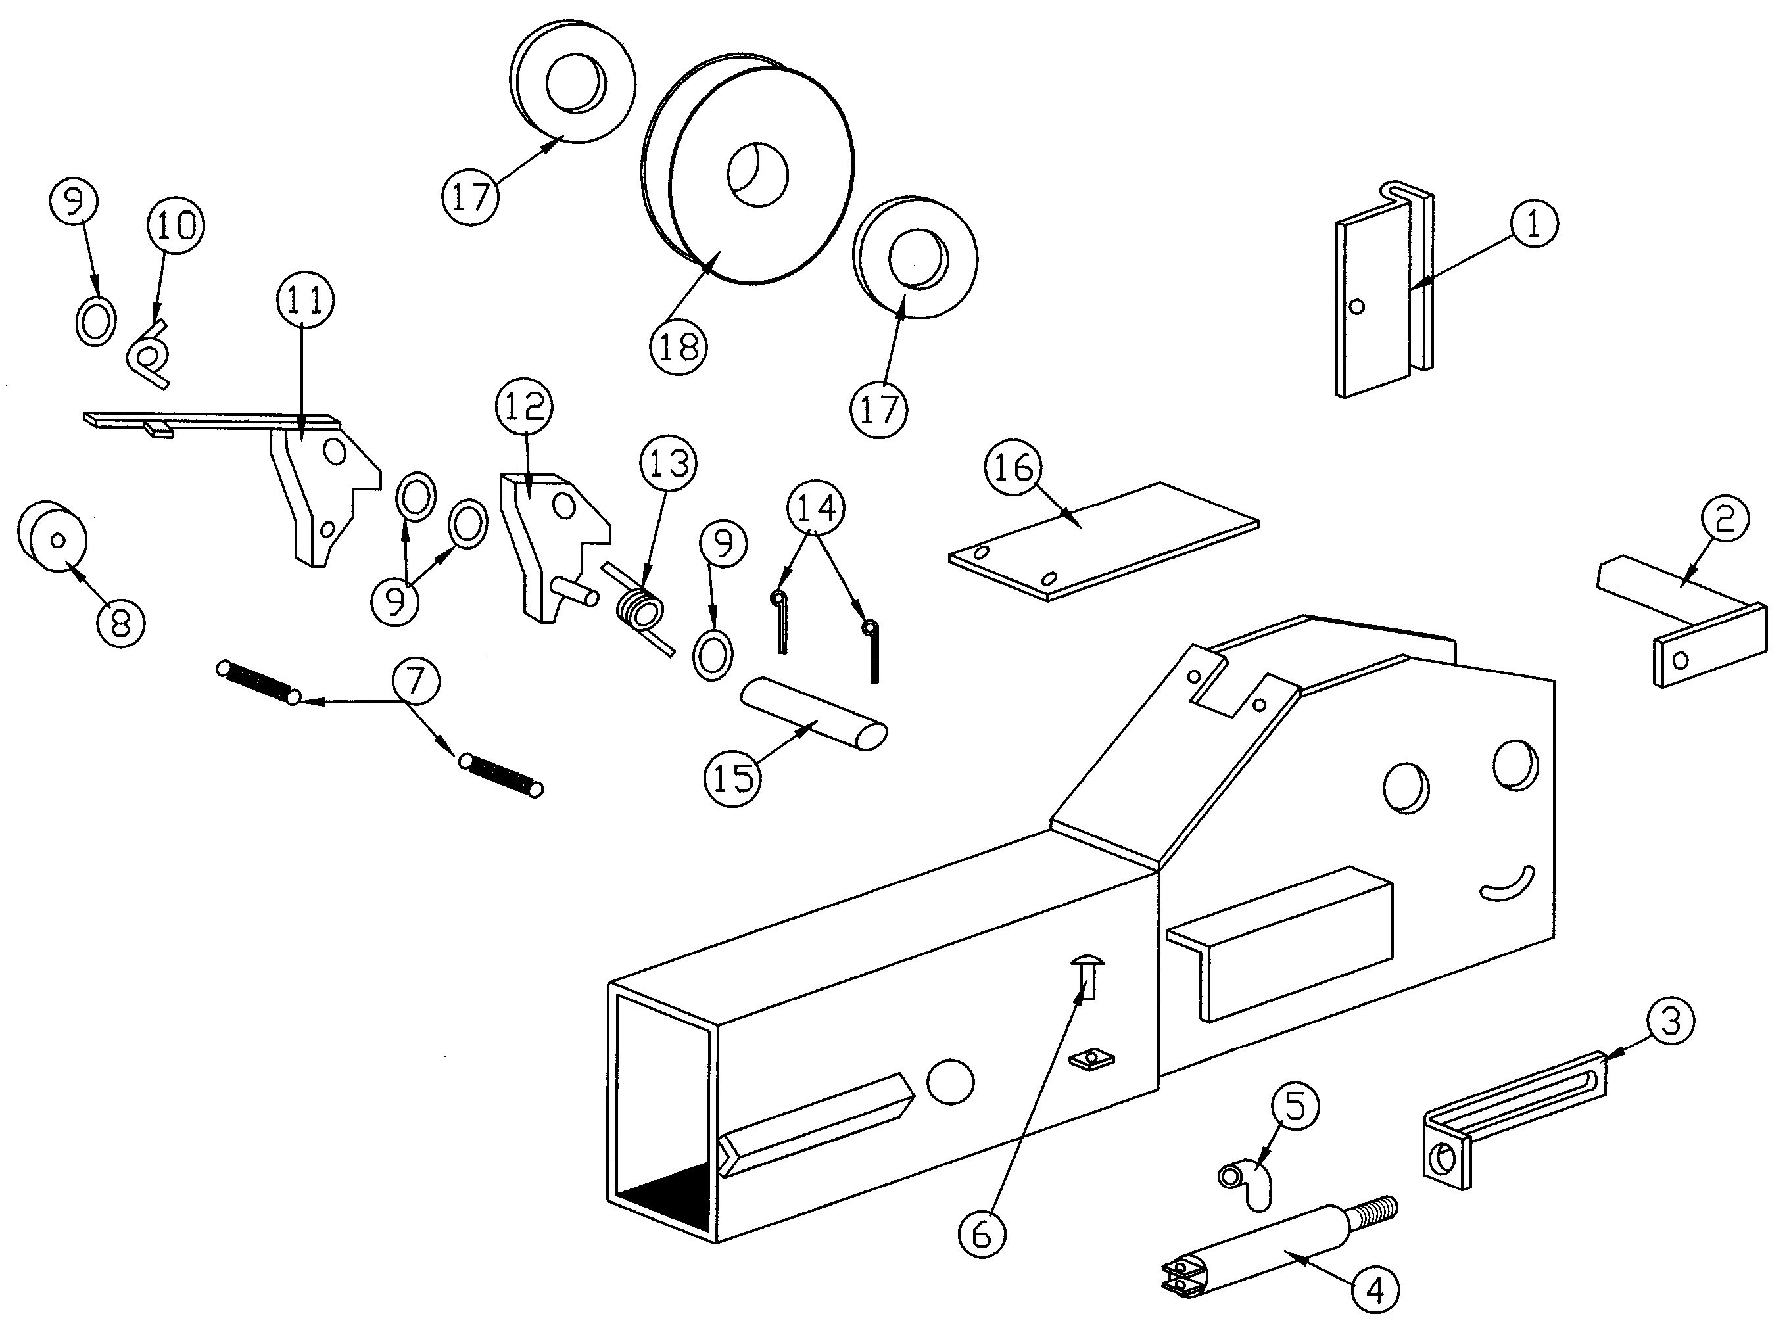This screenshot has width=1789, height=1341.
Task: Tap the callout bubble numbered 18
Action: (x=679, y=347)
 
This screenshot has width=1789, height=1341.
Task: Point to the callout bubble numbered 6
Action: (x=981, y=1235)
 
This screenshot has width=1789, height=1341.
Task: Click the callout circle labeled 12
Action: (x=524, y=406)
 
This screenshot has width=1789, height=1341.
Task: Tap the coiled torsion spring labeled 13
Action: (x=641, y=611)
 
